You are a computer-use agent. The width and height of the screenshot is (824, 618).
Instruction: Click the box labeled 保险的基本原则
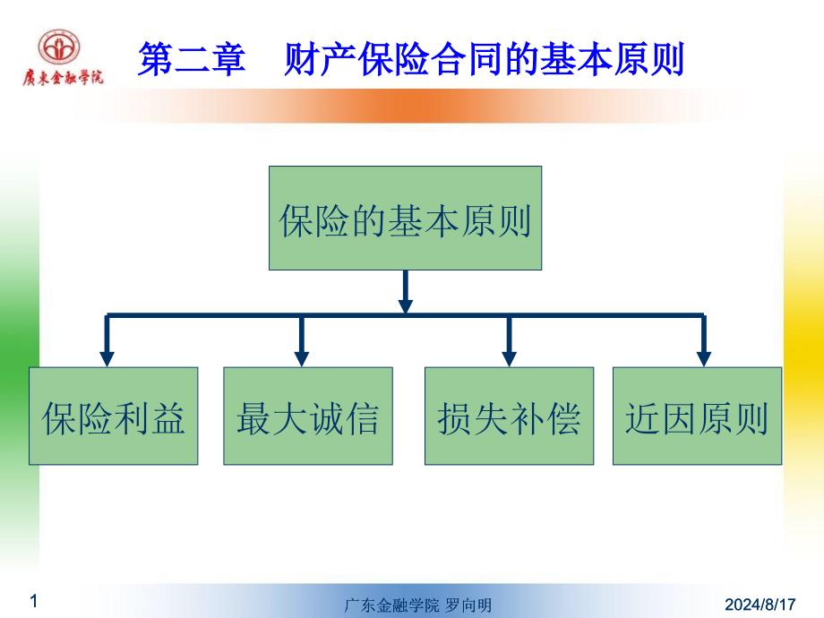(405, 218)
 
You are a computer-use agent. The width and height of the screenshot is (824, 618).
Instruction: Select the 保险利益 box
(113, 416)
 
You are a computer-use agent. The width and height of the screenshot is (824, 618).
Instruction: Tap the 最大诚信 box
(307, 416)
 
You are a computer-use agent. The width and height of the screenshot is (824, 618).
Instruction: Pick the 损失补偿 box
(509, 416)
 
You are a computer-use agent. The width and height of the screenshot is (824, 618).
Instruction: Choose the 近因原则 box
(697, 416)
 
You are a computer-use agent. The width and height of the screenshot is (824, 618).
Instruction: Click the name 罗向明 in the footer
(468, 606)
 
